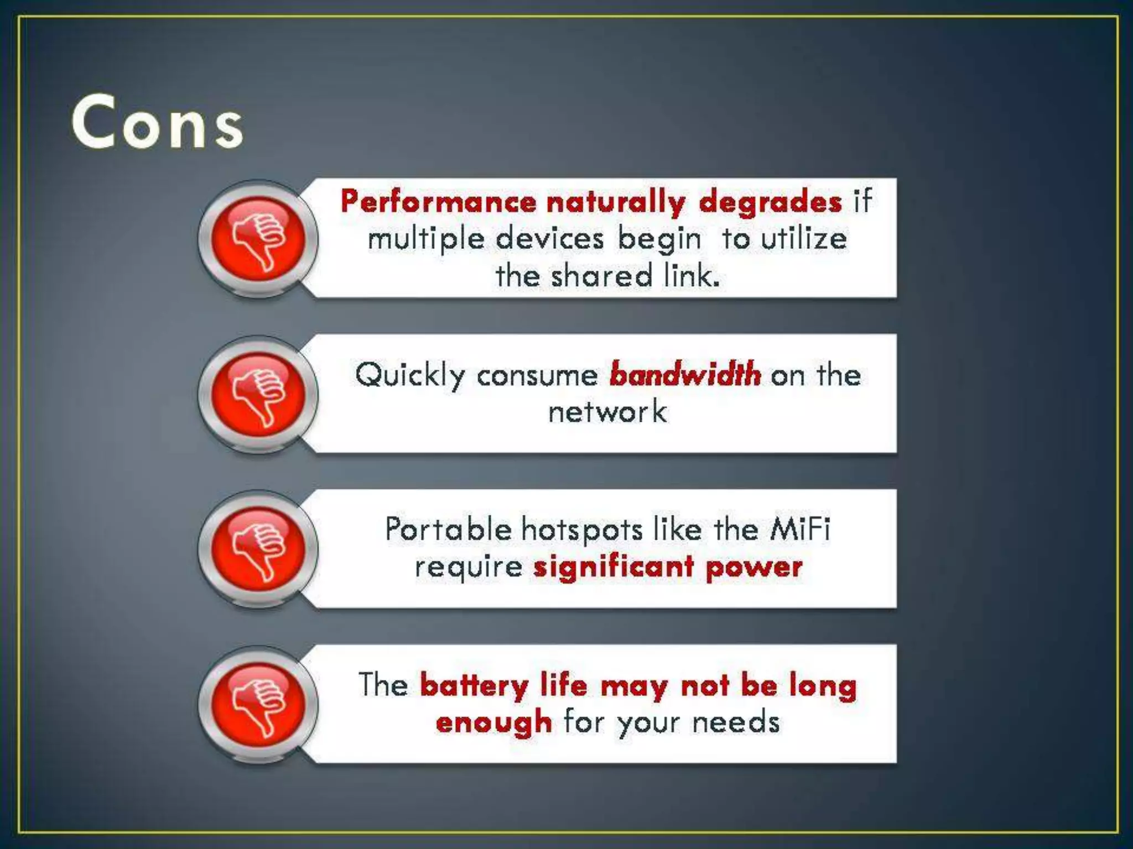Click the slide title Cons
[x=158, y=123]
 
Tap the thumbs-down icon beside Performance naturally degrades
[x=258, y=239]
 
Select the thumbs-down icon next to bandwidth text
[x=258, y=395]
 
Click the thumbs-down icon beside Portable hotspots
[x=258, y=549]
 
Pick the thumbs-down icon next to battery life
[x=258, y=705]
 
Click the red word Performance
[x=438, y=201]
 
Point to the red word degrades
[x=770, y=201]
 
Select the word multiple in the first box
[x=426, y=240]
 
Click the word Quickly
[x=410, y=375]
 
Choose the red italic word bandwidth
[x=685, y=374]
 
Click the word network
[x=607, y=412]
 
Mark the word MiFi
[x=800, y=529]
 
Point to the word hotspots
[x=581, y=530]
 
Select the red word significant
[x=614, y=567]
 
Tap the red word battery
[x=474, y=686]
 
